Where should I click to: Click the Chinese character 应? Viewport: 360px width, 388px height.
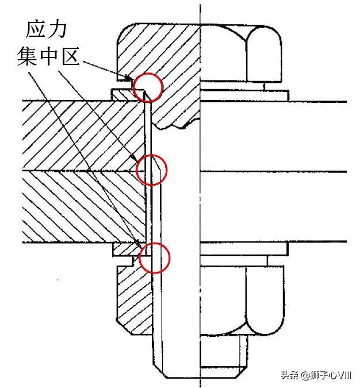pyautogui.click(x=35, y=30)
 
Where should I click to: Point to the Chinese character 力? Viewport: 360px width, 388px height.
pyautogui.click(x=58, y=30)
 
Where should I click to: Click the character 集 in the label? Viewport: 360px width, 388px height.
pyautogui.click(x=26, y=56)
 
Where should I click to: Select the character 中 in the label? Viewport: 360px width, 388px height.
pyautogui.click(x=48, y=56)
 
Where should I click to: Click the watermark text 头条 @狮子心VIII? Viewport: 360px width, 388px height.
pyautogui.click(x=316, y=375)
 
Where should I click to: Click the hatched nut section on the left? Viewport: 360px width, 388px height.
pyautogui.click(x=133, y=297)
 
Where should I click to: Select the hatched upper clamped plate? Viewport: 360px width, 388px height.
pyautogui.click(x=84, y=136)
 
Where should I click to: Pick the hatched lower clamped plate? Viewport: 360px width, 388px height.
pyautogui.click(x=84, y=206)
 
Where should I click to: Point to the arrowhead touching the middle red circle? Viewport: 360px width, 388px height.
pyautogui.click(x=135, y=159)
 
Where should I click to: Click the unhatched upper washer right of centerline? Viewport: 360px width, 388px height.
pyautogui.click(x=244, y=96)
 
